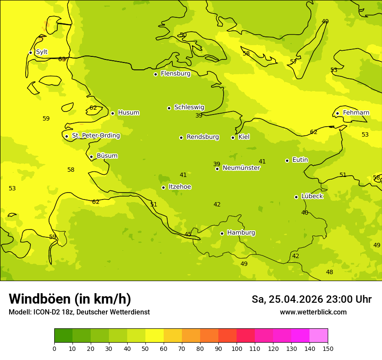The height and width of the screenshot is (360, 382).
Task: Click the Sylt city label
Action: (x=42, y=52)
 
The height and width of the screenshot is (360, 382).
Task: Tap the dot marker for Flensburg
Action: (x=155, y=74)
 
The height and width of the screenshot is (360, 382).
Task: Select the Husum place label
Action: (x=128, y=113)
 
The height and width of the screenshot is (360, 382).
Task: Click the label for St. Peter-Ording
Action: (x=96, y=136)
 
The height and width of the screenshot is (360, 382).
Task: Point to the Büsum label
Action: (x=107, y=156)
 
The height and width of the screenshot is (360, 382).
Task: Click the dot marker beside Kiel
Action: (x=233, y=137)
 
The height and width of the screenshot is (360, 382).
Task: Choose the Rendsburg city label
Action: (x=203, y=137)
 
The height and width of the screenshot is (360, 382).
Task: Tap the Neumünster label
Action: (x=241, y=168)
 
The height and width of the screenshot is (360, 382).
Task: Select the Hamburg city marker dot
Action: (x=222, y=233)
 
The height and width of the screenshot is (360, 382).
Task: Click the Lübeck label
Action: (x=312, y=196)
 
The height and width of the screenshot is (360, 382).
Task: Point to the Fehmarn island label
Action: (x=356, y=113)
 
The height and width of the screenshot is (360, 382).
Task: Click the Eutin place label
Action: (x=300, y=160)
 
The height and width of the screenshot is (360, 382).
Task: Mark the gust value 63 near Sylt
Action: (x=62, y=59)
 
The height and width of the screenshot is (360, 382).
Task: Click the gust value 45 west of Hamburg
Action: (x=188, y=235)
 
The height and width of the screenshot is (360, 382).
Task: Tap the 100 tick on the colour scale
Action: (x=237, y=348)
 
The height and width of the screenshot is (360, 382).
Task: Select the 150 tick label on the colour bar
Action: (x=328, y=348)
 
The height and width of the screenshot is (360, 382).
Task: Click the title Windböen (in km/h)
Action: (x=70, y=299)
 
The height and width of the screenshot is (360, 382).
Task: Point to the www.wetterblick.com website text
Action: (x=313, y=312)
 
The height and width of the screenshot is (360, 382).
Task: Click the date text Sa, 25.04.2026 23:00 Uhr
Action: (x=311, y=299)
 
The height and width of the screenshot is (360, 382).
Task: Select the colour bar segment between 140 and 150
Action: (x=319, y=335)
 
